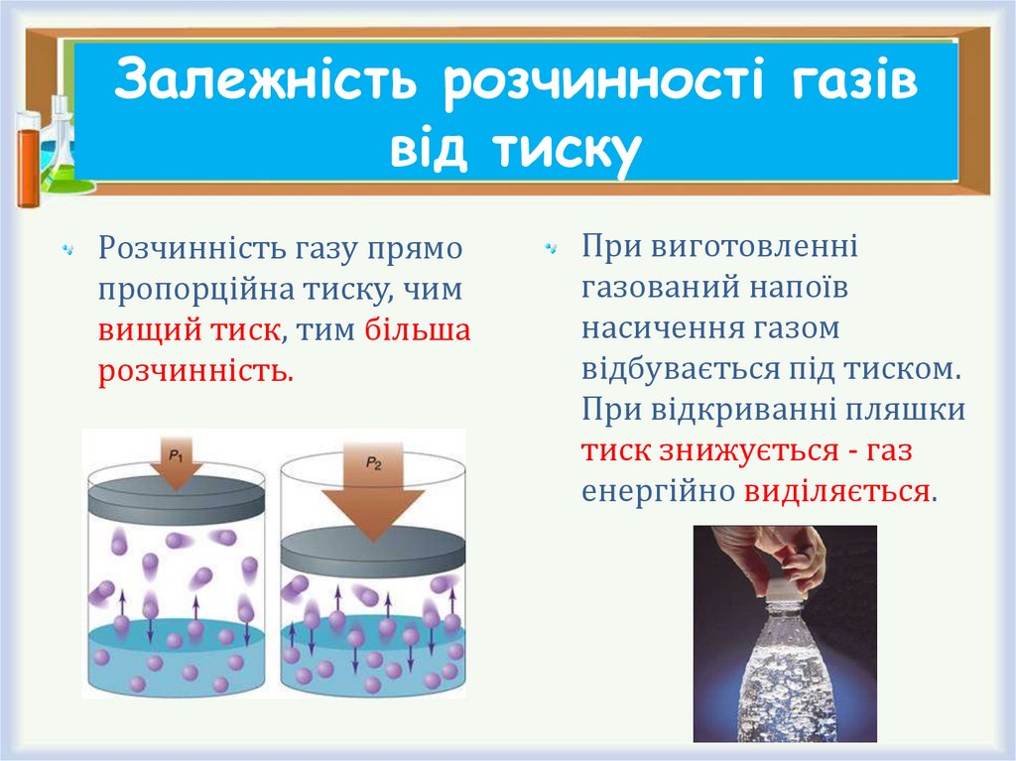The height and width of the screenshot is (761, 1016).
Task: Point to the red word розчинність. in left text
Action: point(195,372)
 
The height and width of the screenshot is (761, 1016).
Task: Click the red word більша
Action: point(418,330)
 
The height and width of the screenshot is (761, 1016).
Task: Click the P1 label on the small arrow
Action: point(175,454)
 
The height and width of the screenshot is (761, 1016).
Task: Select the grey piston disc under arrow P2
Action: point(372,549)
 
